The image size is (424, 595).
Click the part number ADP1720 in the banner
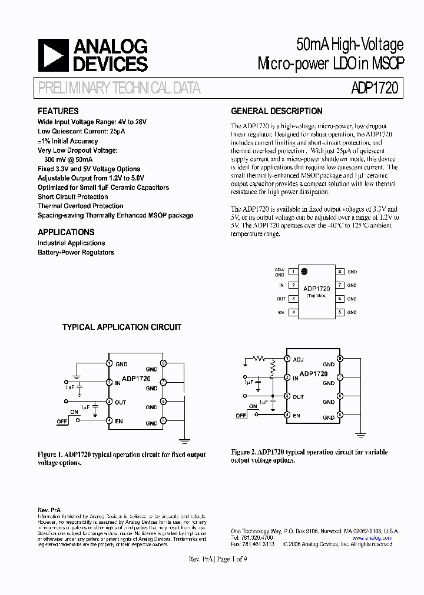[375, 88]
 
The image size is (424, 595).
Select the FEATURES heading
[58, 111]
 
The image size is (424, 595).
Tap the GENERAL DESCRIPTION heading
[276, 111]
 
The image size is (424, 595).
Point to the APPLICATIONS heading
[66, 232]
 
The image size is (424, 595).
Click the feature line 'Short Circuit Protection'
[72, 197]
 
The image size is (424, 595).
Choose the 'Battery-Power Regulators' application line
[76, 252]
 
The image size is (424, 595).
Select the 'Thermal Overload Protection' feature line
[80, 206]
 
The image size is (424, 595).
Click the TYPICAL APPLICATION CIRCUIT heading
[122, 327]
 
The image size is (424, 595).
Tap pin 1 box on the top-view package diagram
[293, 272]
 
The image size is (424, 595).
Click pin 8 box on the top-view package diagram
[340, 272]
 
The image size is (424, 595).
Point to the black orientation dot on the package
[304, 272]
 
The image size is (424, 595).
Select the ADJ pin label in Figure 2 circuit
[299, 359]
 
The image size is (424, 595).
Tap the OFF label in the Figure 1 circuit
[62, 421]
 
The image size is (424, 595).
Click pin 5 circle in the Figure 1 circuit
[163, 420]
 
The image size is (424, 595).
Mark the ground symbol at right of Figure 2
[359, 434]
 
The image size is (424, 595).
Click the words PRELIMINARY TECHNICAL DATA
[119, 88]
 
